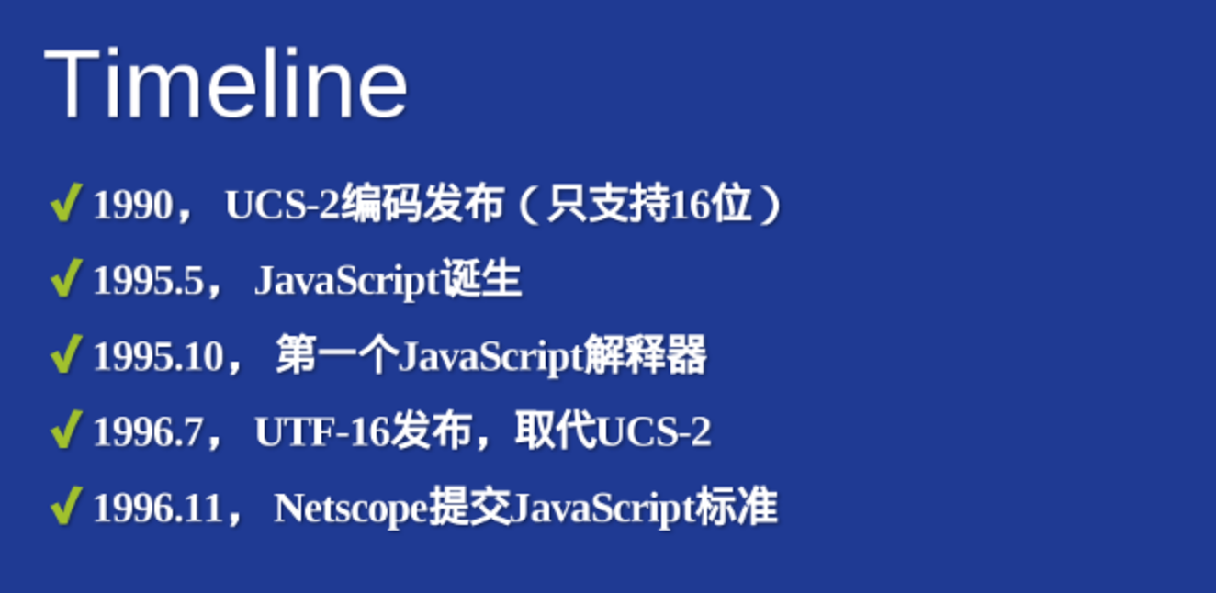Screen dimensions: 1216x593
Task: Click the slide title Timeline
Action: [226, 83]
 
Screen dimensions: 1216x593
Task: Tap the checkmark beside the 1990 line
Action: [66, 202]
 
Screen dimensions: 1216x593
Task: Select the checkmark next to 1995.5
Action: [66, 278]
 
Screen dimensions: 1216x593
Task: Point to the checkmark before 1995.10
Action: [66, 353]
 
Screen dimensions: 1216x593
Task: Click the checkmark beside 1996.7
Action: [66, 430]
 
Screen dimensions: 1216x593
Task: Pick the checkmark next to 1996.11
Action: [66, 505]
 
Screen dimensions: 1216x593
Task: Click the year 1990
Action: [133, 205]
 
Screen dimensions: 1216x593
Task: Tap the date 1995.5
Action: [148, 281]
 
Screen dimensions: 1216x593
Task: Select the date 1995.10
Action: [159, 356]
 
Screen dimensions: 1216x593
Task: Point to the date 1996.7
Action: [148, 432]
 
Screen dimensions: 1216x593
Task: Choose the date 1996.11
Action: [158, 509]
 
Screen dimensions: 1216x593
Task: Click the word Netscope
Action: [351, 509]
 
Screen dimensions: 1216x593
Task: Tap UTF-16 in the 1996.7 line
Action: [322, 432]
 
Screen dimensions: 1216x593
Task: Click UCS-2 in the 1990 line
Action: [283, 205]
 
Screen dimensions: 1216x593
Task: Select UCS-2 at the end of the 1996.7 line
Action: [654, 432]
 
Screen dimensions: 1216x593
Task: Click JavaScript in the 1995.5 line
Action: [347, 282]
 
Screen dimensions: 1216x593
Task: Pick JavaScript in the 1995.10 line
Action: [491, 358]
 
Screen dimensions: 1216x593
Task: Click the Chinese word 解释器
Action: [646, 355]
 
